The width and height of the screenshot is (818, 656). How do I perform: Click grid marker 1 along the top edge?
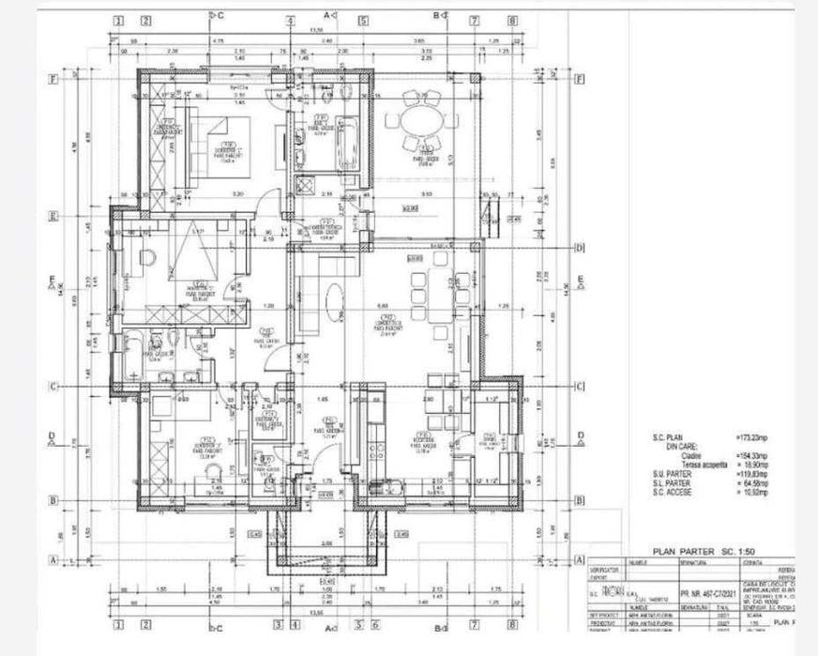118,20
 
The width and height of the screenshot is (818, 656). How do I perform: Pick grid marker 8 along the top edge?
512,20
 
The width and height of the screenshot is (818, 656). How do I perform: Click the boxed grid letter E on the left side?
54,215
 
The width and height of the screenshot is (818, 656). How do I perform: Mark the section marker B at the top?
441,15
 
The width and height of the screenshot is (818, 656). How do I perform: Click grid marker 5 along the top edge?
363,20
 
